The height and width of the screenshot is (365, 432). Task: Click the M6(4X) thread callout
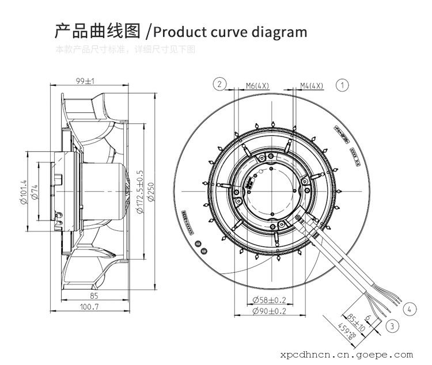pos(257,86)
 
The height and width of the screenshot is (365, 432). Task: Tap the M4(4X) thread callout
pos(312,86)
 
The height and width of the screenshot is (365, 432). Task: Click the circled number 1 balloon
pos(342,85)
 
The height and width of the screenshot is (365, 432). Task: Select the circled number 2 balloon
pos(219,85)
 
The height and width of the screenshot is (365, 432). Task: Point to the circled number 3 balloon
pos(393,326)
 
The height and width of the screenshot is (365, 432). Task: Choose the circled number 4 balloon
pos(410,310)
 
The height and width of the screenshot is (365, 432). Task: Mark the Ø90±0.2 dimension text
pos(270,311)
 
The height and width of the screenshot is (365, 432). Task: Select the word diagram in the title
pos(279,31)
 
